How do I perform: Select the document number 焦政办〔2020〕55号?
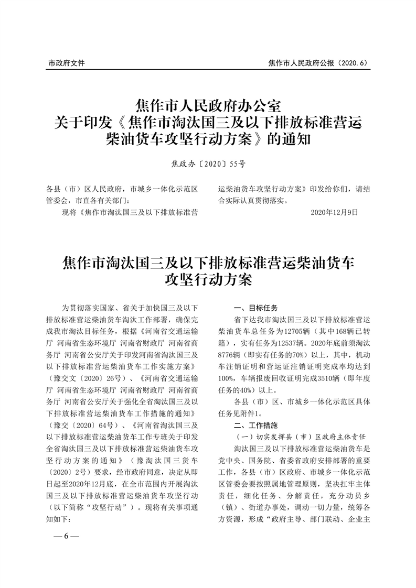pyautogui.click(x=208, y=164)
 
